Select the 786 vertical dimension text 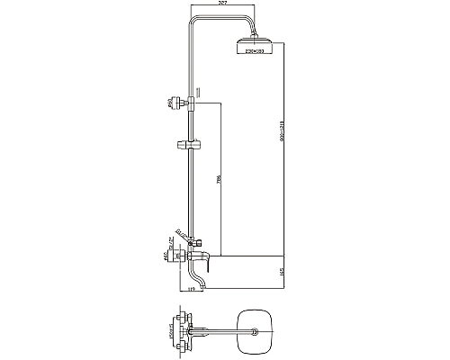[218, 178]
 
